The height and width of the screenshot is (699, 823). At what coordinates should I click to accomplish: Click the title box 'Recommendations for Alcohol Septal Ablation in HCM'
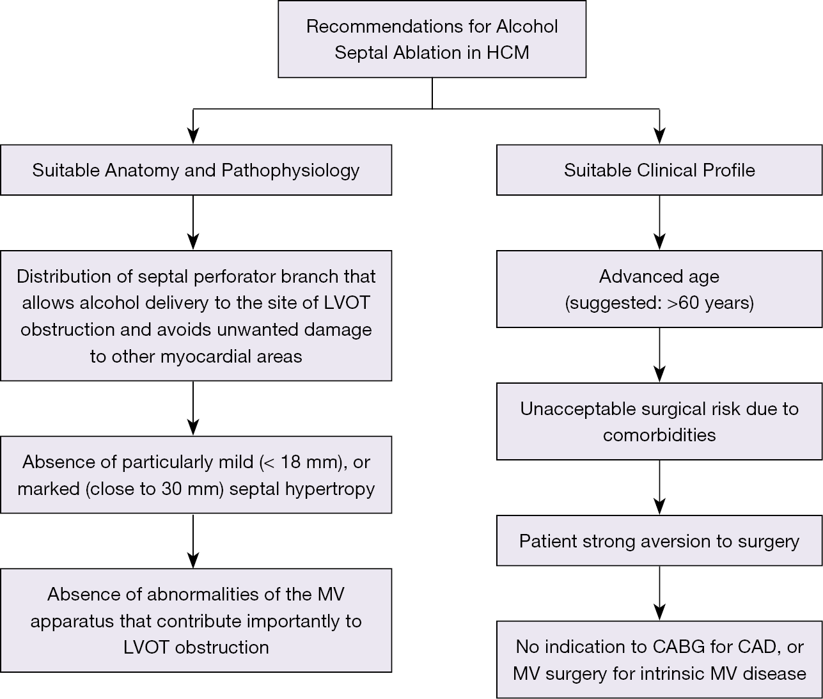(x=432, y=39)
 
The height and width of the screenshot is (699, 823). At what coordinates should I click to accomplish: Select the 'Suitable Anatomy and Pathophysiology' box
(x=196, y=170)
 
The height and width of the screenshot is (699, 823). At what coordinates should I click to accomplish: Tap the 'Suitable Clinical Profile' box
(x=659, y=170)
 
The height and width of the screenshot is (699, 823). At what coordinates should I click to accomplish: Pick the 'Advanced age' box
(x=659, y=289)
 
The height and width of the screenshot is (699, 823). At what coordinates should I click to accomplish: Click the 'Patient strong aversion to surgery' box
(x=659, y=540)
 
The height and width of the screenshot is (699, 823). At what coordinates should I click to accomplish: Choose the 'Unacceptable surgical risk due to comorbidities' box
(x=659, y=421)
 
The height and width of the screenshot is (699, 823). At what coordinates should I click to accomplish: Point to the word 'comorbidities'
(x=659, y=435)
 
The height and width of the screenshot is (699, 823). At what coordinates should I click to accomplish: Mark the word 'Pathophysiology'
(x=290, y=171)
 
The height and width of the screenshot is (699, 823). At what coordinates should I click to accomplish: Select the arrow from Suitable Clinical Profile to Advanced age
(x=659, y=223)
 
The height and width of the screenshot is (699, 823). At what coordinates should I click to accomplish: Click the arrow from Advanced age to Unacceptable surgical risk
(x=659, y=355)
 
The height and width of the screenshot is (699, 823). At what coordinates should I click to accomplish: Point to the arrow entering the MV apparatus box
(x=193, y=541)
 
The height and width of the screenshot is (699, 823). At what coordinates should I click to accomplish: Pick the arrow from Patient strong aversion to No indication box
(x=659, y=593)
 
